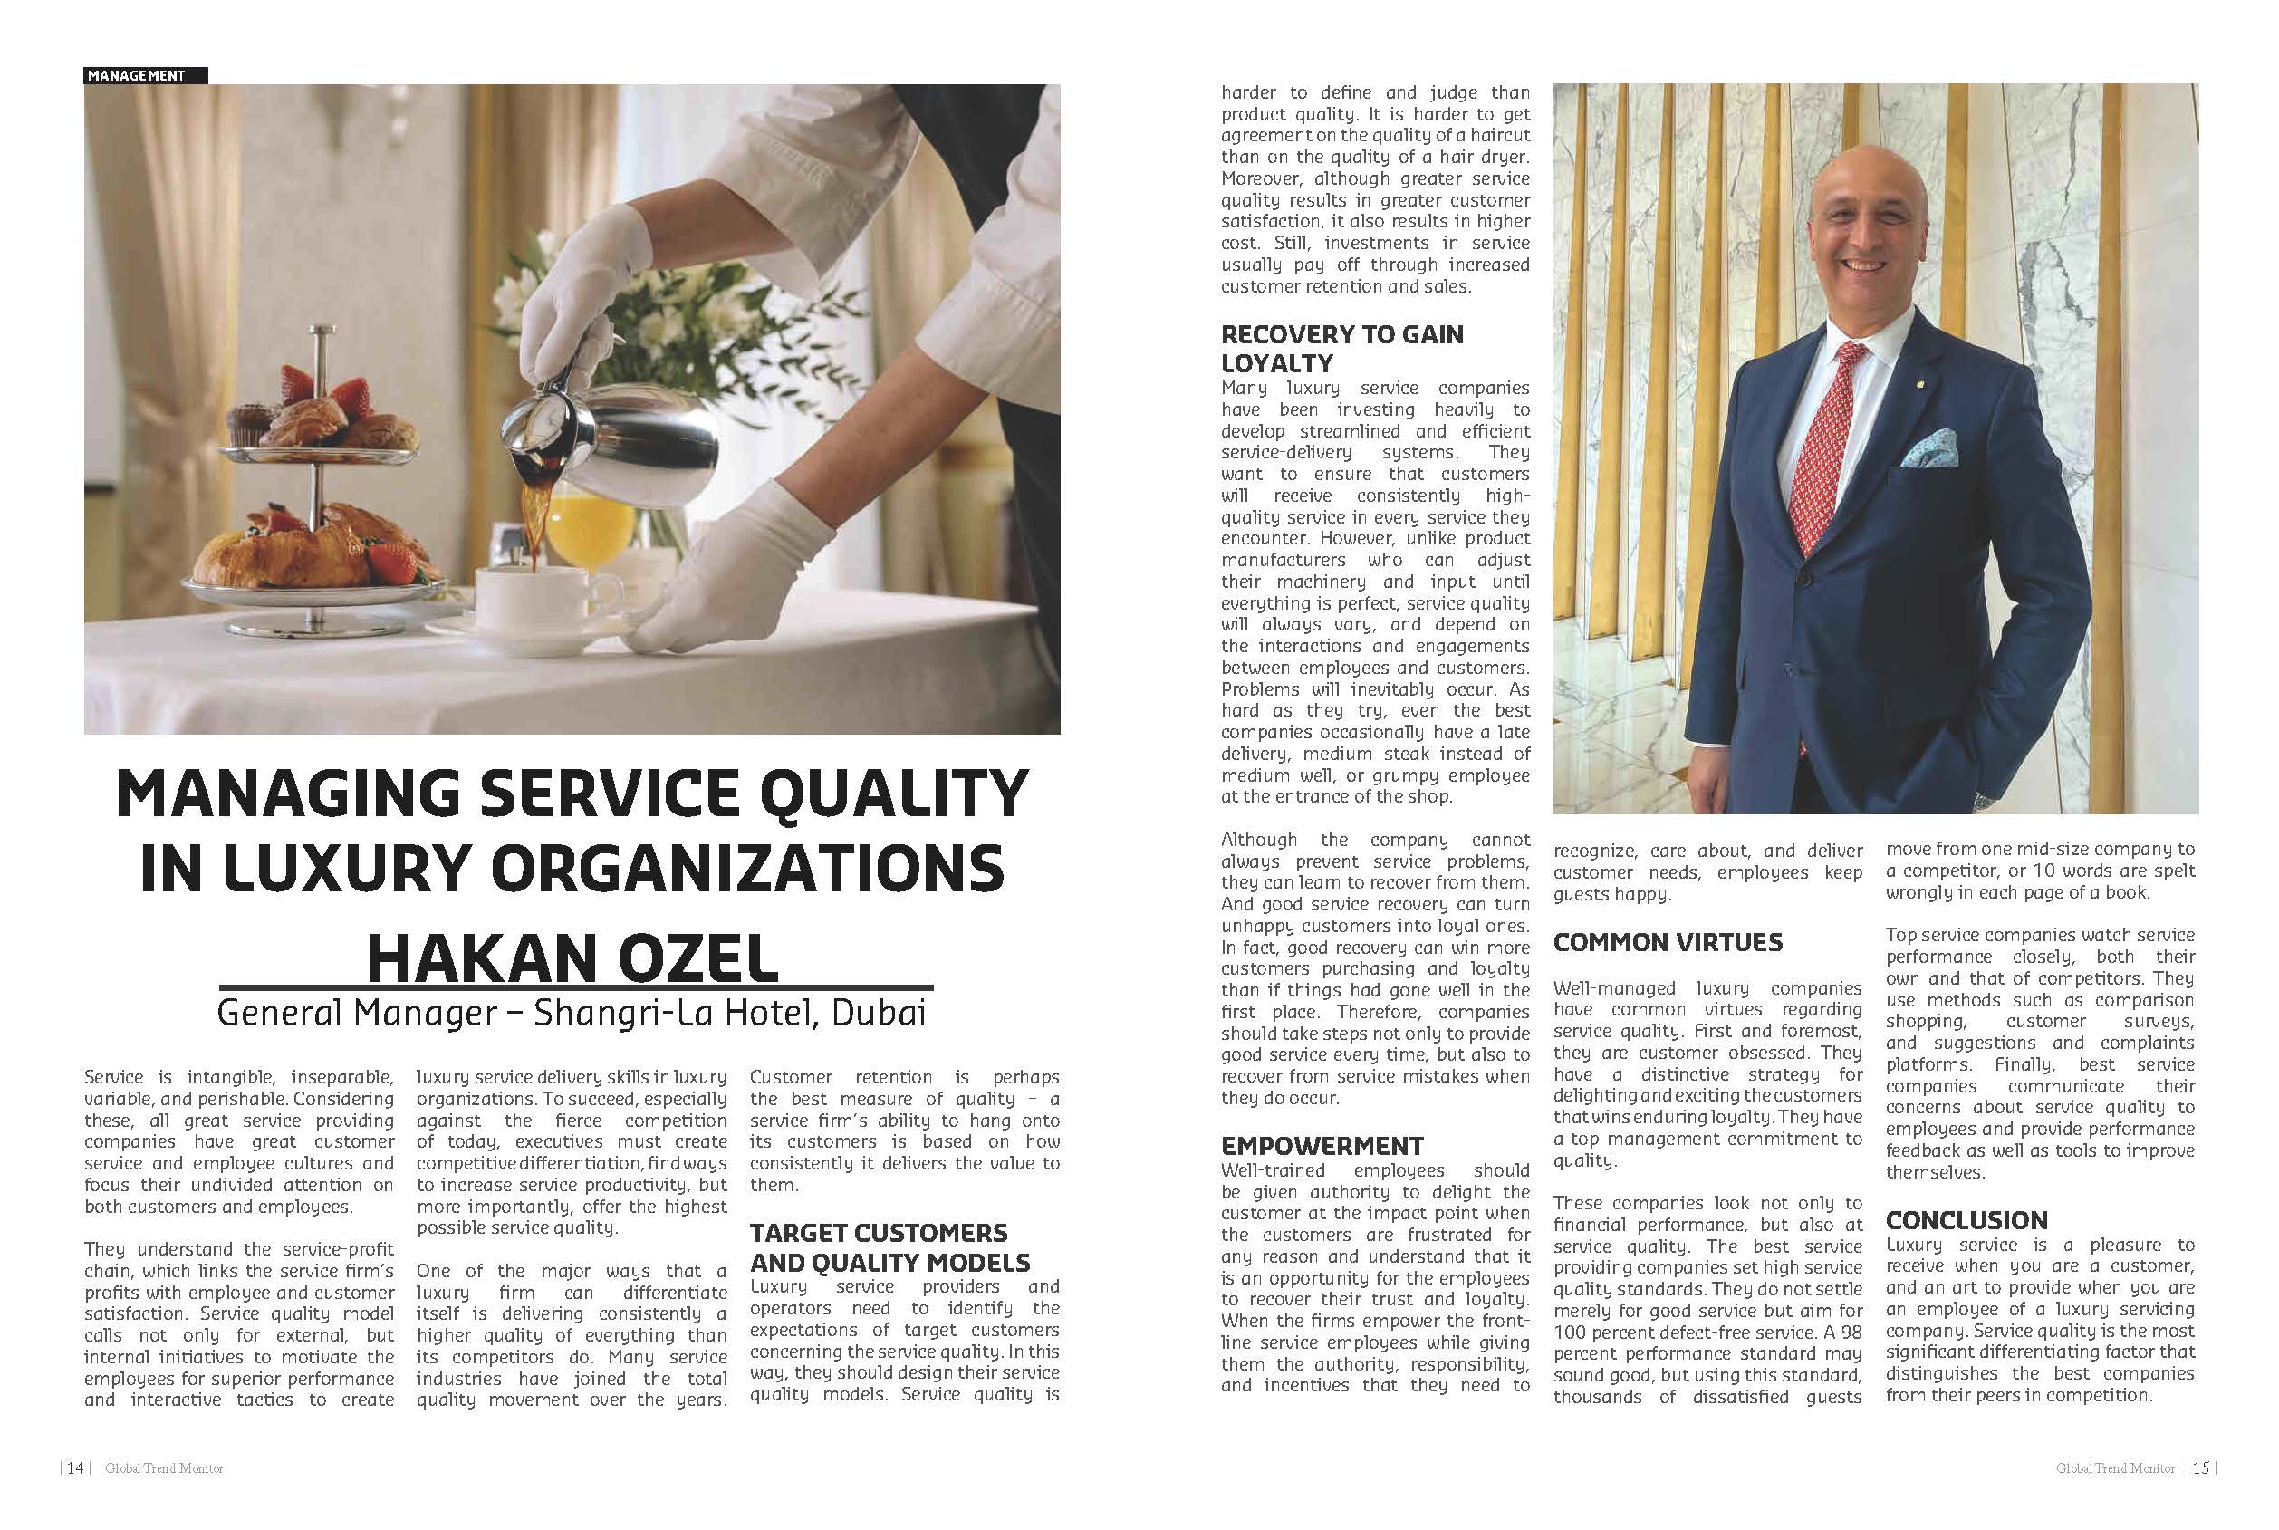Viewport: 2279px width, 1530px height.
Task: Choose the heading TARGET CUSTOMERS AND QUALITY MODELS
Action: [889, 1247]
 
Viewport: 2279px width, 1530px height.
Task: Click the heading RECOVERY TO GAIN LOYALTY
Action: [1341, 349]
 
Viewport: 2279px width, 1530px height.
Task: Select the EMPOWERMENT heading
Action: [1322, 1146]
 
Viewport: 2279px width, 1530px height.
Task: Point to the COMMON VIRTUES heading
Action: [1668, 943]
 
